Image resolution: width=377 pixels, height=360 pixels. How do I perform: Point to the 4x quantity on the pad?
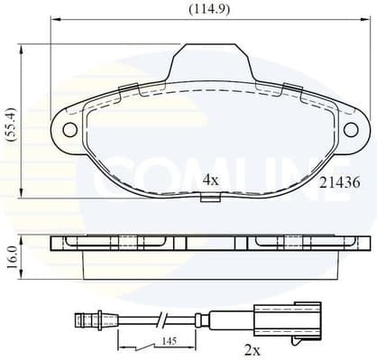click(210, 180)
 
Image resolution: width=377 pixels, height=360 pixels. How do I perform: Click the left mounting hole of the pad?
click(69, 129)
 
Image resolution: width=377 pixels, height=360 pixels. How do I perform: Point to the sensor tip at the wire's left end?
click(85, 318)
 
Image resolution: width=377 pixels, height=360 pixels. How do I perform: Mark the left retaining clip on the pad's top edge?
click(128, 88)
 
